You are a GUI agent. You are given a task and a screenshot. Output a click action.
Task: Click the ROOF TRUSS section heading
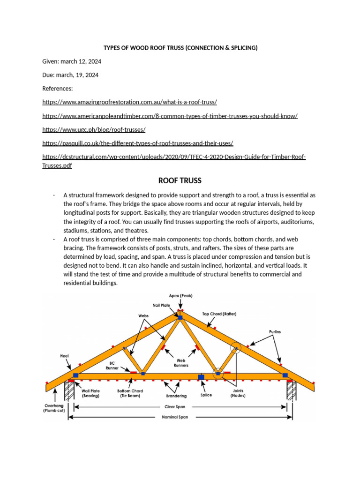tap(180, 180)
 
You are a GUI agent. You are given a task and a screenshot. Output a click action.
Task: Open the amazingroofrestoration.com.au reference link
tap(130, 102)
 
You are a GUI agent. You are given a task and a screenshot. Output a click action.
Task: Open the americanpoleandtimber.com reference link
tap(170, 115)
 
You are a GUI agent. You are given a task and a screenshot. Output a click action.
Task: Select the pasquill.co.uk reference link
tap(138, 142)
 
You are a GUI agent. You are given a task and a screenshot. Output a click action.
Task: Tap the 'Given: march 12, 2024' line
tap(72, 61)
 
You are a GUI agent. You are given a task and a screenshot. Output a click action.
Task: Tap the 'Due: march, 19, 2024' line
tap(70, 75)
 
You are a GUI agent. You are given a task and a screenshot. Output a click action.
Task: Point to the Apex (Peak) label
tap(180, 296)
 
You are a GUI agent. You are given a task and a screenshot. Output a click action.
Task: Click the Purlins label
tap(275, 331)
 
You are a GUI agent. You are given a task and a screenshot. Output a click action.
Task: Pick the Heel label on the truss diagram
tap(64, 356)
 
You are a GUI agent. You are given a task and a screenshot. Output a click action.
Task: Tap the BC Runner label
tap(112, 366)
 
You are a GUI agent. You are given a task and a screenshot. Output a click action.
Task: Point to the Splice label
tap(206, 395)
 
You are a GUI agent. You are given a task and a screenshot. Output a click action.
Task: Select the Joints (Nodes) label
tap(238, 393)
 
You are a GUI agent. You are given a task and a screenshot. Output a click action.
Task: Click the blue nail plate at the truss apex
tap(180, 318)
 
